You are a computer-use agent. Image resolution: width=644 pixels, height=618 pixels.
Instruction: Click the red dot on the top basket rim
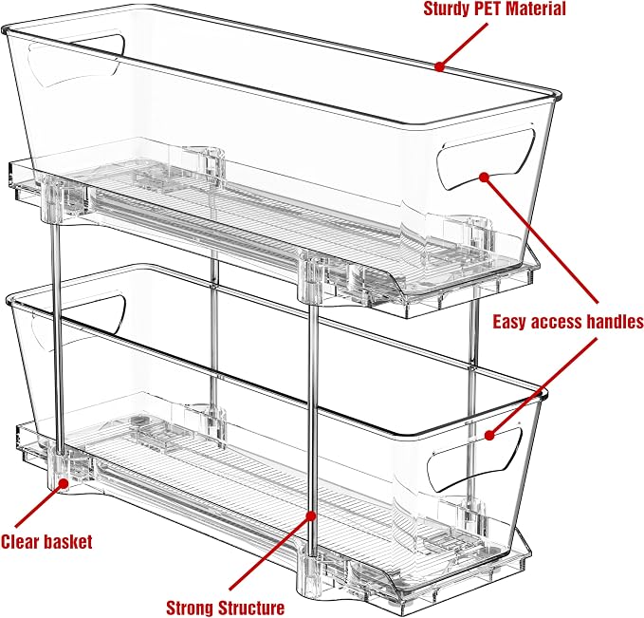(x=440, y=66)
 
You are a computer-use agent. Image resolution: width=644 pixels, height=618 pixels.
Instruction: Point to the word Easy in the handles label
(x=509, y=322)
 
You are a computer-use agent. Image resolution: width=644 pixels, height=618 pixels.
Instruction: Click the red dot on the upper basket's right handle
(x=485, y=177)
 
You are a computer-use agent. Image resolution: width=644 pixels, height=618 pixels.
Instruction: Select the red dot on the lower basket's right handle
(x=489, y=435)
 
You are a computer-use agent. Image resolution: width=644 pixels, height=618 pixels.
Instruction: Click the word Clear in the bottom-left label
(x=20, y=541)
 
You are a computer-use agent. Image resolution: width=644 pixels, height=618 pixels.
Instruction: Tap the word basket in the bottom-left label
(x=68, y=541)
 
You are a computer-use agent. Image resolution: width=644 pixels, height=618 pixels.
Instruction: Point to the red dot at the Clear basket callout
(x=64, y=483)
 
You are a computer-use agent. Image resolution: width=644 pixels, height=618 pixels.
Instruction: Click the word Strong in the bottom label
(x=190, y=608)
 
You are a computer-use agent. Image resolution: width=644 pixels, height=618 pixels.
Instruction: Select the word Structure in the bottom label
(x=251, y=608)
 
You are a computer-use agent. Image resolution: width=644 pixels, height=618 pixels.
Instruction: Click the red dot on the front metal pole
(x=312, y=515)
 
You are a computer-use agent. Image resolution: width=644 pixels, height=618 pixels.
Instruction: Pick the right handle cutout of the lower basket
(x=475, y=459)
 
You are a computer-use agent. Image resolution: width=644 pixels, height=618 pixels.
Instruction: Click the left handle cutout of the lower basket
(x=78, y=320)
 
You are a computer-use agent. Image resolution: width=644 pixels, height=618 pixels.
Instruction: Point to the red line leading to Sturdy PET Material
(x=463, y=45)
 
